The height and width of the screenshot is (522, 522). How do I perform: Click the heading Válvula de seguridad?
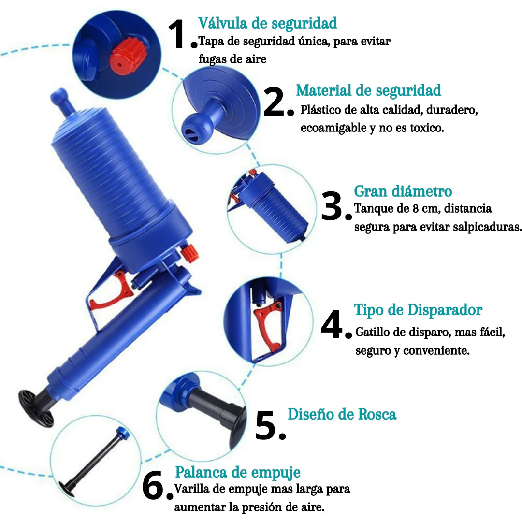tap(267, 23)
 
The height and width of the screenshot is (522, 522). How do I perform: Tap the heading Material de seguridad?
tap(368, 90)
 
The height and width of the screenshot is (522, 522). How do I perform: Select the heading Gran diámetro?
tap(403, 191)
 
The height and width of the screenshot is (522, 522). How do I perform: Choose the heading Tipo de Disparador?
tap(418, 310)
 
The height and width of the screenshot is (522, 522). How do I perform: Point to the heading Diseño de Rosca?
tap(342, 414)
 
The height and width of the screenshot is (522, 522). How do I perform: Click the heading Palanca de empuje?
tap(237, 472)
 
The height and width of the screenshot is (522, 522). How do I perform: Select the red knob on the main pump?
tap(190, 253)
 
